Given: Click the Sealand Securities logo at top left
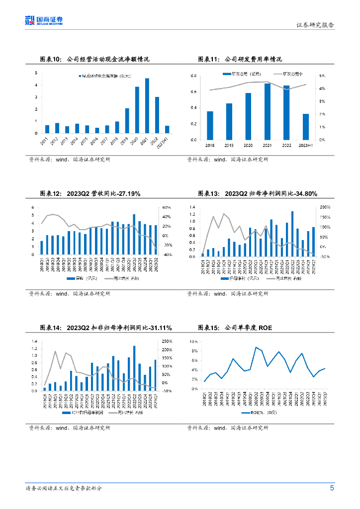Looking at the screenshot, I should [44, 20].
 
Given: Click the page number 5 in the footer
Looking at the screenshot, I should [332, 488].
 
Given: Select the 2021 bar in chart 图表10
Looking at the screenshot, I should [147, 106].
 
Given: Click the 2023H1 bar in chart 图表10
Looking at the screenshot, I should [167, 129].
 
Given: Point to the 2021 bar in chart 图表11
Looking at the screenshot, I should [268, 111].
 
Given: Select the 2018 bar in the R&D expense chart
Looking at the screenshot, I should [210, 125].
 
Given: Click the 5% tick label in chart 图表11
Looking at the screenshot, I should [323, 76].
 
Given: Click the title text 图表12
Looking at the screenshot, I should [50, 194].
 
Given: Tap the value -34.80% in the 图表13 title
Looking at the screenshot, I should [301, 194].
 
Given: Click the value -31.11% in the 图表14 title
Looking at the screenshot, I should [156, 328].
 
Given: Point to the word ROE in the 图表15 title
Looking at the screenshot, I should [265, 328].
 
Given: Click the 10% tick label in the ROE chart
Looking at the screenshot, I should [193, 342].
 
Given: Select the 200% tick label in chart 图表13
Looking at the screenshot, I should [325, 207].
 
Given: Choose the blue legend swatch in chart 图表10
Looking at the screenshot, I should [80, 76].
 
